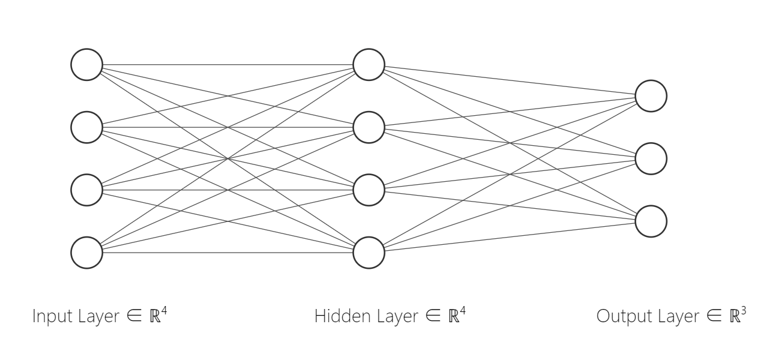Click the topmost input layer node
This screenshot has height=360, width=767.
click(87, 64)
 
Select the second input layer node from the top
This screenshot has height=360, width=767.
click(87, 127)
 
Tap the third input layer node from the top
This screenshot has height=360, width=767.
click(87, 190)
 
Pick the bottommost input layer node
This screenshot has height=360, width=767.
click(87, 253)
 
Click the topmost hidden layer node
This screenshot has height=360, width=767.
click(368, 64)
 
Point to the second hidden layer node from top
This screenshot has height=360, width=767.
click(368, 127)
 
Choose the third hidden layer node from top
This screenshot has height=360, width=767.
click(368, 190)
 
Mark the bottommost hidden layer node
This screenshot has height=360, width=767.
click(368, 253)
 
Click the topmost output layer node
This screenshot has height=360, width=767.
click(651, 96)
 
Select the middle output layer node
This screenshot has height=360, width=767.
click(651, 158)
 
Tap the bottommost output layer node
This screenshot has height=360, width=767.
click(651, 221)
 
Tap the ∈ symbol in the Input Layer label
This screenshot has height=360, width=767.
click(135, 317)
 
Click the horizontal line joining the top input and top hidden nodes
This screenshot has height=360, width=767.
click(228, 64)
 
